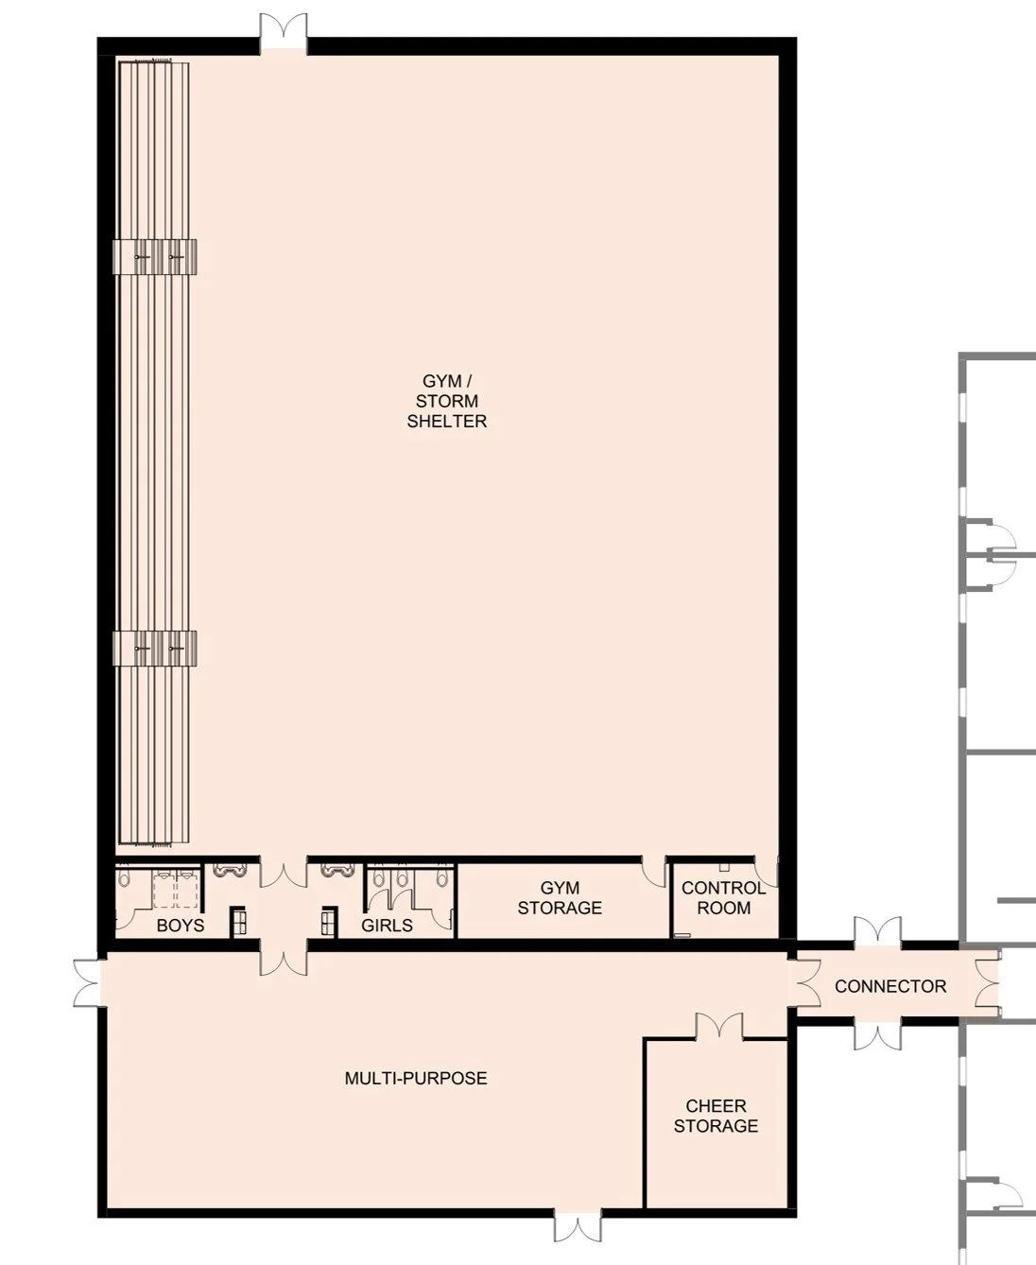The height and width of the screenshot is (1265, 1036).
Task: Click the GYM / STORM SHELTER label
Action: click(447, 402)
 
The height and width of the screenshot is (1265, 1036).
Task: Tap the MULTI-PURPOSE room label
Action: click(416, 1078)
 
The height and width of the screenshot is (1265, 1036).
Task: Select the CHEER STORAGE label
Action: click(716, 1116)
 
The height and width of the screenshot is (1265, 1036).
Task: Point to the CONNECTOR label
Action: click(889, 986)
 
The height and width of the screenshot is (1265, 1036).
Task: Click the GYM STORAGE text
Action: click(560, 898)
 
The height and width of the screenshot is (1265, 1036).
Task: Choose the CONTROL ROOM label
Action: click(723, 898)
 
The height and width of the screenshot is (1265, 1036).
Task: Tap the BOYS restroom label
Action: click(180, 925)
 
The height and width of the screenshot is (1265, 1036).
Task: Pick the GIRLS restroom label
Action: click(387, 925)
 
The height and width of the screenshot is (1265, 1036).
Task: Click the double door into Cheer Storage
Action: click(719, 1026)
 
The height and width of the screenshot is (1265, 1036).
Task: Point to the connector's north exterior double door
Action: click(878, 931)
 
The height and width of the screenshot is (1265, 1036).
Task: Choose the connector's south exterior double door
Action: click(878, 1035)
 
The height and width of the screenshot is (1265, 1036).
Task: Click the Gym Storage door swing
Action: click(654, 872)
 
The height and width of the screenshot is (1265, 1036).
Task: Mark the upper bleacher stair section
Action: click(155, 257)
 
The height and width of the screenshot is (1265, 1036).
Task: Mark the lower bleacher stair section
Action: click(155, 649)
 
